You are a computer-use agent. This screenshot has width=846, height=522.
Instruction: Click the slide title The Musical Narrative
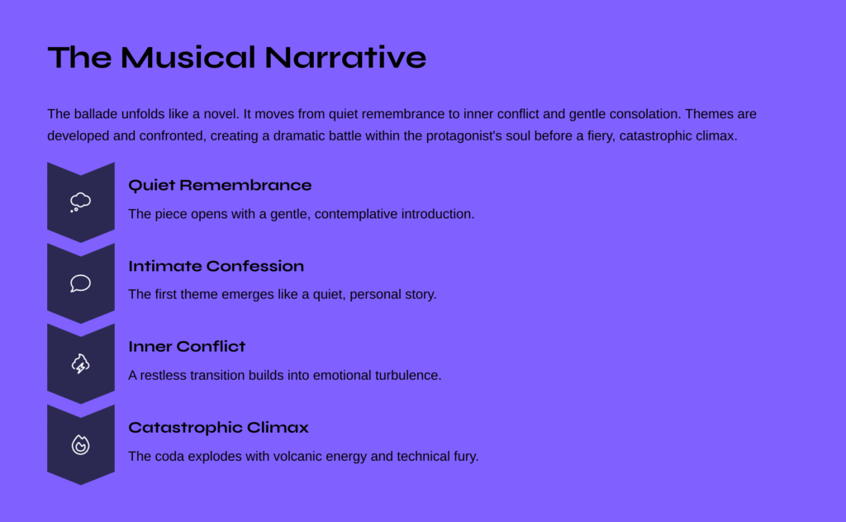pos(237,57)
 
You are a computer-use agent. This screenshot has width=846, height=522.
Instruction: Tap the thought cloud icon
pos(80,202)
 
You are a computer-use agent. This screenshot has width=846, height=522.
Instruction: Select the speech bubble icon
pos(80,283)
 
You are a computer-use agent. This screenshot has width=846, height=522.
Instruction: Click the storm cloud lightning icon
pos(80,364)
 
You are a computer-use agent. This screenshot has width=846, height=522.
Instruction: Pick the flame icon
pos(80,445)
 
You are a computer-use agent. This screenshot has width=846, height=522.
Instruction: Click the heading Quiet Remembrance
pos(220,186)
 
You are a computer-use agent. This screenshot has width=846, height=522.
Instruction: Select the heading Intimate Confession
pos(216,266)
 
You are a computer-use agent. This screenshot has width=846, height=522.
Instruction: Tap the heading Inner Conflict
pos(187,346)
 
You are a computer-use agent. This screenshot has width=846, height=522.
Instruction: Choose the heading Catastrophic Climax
pos(218,428)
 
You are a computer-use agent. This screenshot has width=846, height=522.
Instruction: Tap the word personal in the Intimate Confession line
pos(373,294)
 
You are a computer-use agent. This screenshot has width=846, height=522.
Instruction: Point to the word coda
pos(167,456)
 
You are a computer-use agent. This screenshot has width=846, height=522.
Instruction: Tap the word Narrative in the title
pos(345,57)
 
